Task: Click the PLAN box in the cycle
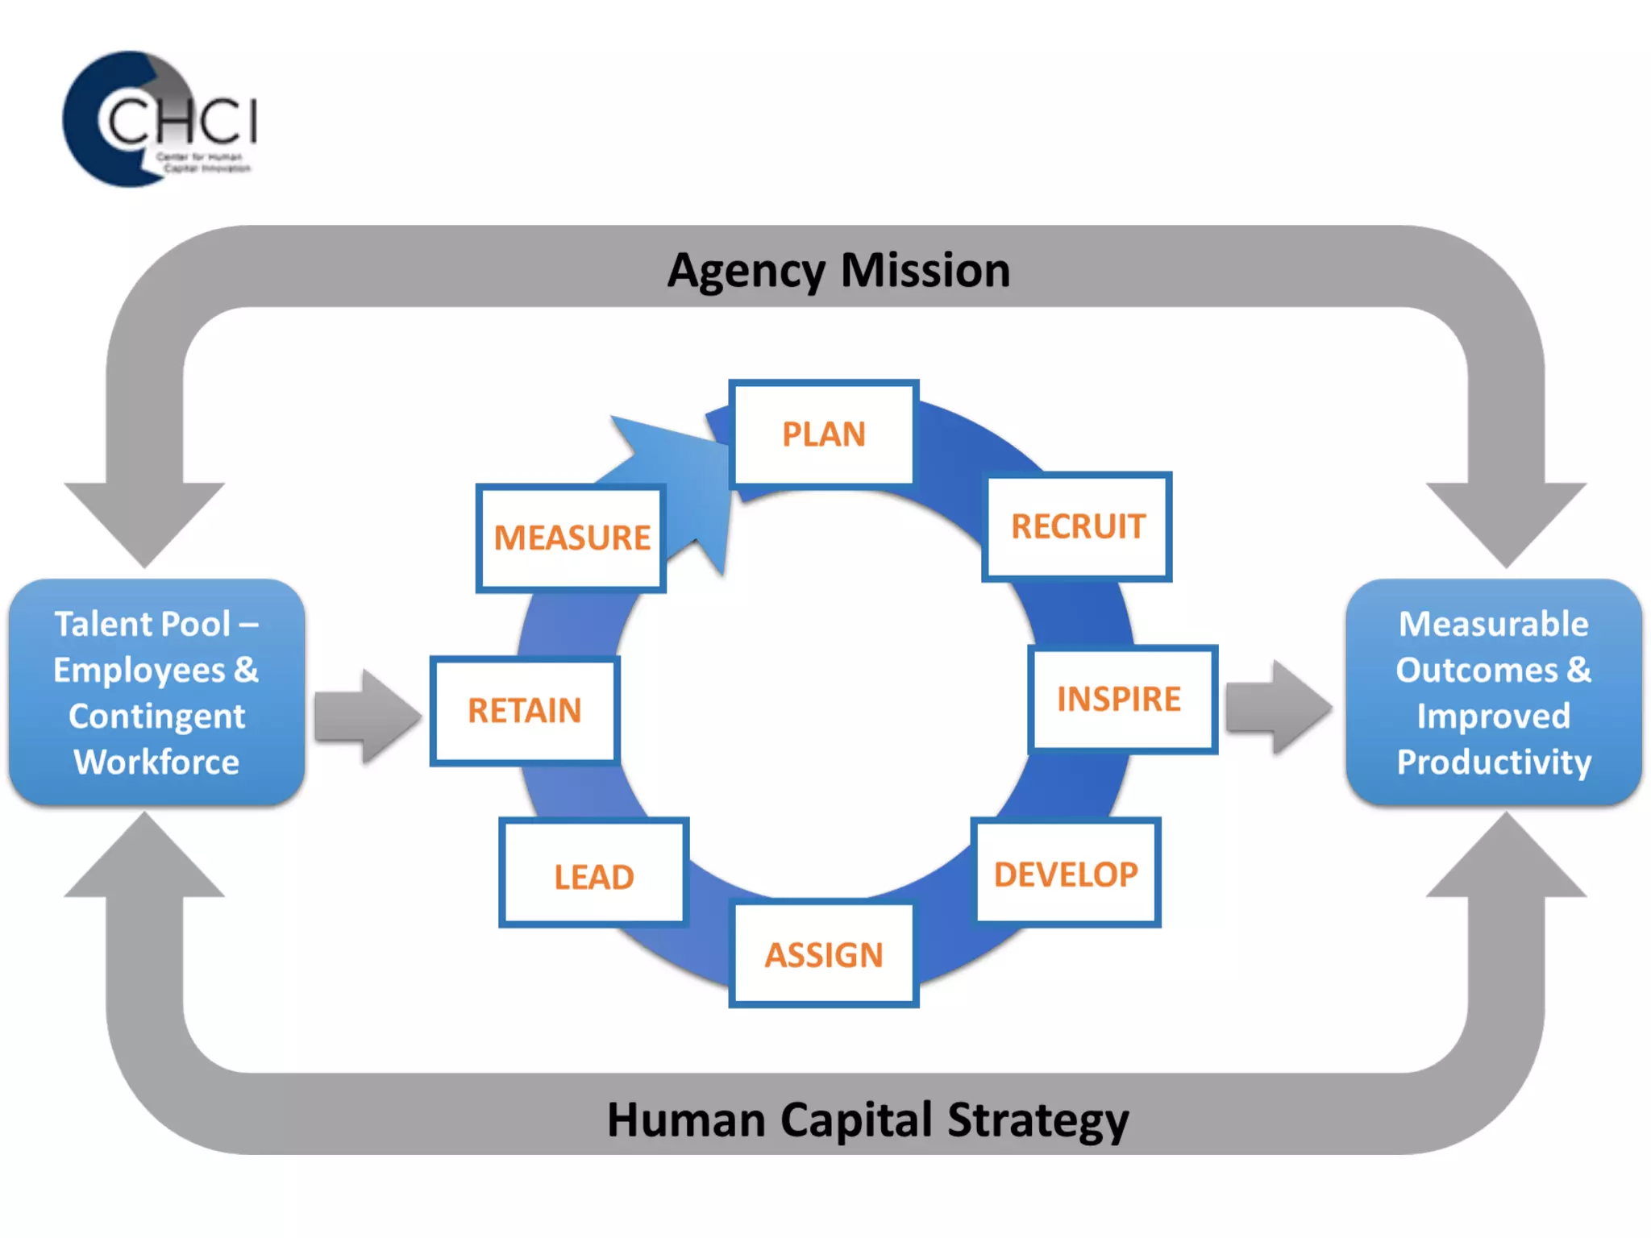pos(823,434)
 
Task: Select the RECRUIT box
pos(1077,526)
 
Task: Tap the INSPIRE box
pos(1121,699)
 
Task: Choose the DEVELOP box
pos(1066,874)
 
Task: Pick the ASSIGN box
pos(823,954)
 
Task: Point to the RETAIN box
pos(525,710)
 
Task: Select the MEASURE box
pos(571,538)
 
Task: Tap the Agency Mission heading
pos(838,270)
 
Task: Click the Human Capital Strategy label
pos(867,1120)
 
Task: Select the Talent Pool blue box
pos(156,692)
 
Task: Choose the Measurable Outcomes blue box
pos(1493,692)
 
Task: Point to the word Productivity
pos(1494,762)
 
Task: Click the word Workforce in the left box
pos(156,762)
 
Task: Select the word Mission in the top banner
pos(925,270)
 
